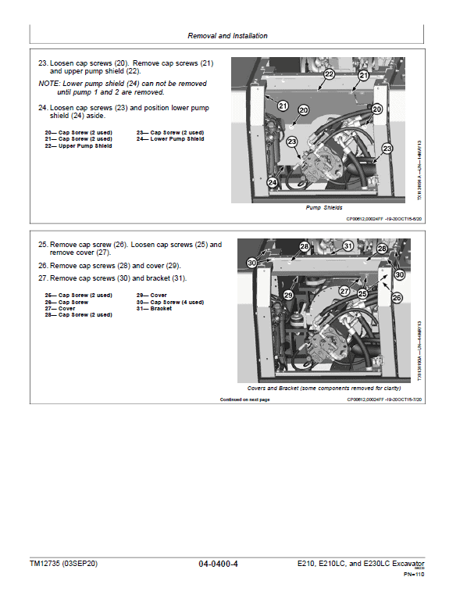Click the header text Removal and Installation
click(227, 36)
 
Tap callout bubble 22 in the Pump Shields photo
click(329, 73)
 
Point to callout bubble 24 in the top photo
click(273, 182)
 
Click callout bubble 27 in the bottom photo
click(344, 291)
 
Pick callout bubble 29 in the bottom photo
click(288, 296)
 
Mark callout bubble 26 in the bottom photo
click(397, 298)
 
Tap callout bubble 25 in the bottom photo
click(362, 292)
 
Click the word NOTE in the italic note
click(48, 83)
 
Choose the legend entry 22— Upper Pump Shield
click(78, 145)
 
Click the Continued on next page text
click(244, 400)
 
